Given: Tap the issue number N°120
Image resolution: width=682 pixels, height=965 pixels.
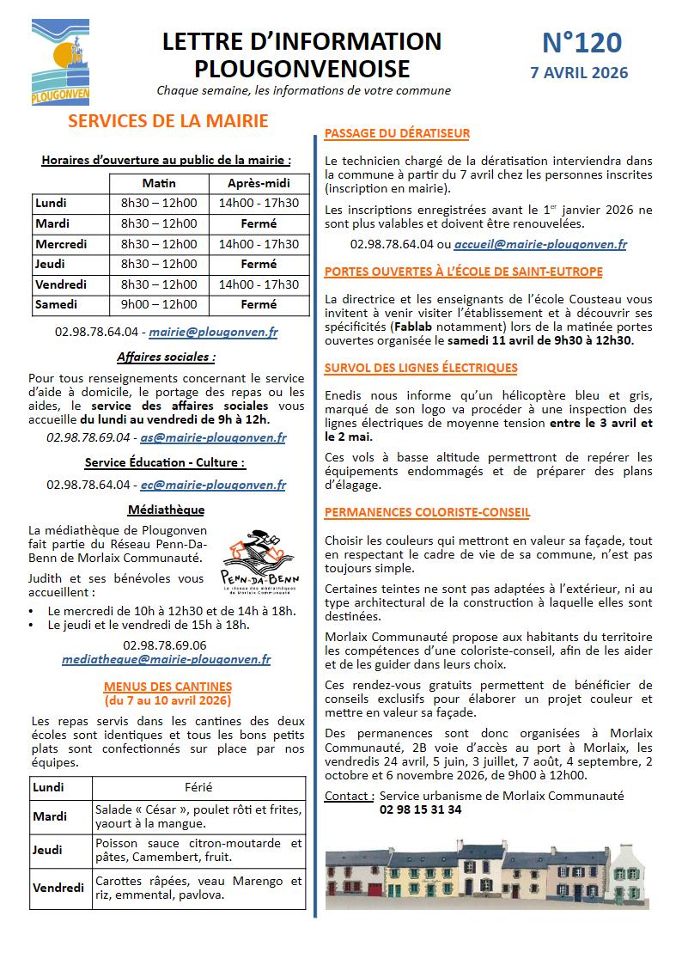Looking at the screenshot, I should pos(582,43).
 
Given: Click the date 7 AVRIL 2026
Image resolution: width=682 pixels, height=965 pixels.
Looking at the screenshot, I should pos(580,73).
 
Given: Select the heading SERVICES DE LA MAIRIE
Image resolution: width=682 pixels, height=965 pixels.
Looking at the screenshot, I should pos(167,121).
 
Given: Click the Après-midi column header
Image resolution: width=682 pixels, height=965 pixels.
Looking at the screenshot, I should pos(259,183).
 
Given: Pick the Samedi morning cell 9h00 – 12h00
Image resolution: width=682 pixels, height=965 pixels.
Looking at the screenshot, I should pos(159,304).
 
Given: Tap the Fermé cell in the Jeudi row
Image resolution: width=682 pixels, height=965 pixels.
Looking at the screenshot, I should pos(259,264).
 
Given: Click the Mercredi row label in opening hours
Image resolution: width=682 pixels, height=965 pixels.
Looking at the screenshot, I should pos(62,244).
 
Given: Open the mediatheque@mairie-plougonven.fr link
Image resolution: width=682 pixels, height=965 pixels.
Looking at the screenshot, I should pos(166,660).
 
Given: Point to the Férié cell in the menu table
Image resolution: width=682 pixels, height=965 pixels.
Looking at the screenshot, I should pos(198,787).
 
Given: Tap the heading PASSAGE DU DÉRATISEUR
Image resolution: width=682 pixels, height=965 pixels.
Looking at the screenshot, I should pos(397,133).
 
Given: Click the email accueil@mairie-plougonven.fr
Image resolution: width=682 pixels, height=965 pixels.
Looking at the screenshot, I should pos(539,244).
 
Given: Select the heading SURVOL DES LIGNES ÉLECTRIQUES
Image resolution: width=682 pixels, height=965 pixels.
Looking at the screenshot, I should pos(421,368).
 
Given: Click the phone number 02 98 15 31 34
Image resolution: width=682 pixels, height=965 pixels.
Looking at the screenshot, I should pos(420,809).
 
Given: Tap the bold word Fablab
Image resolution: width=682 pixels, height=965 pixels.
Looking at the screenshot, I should pos(414,327).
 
